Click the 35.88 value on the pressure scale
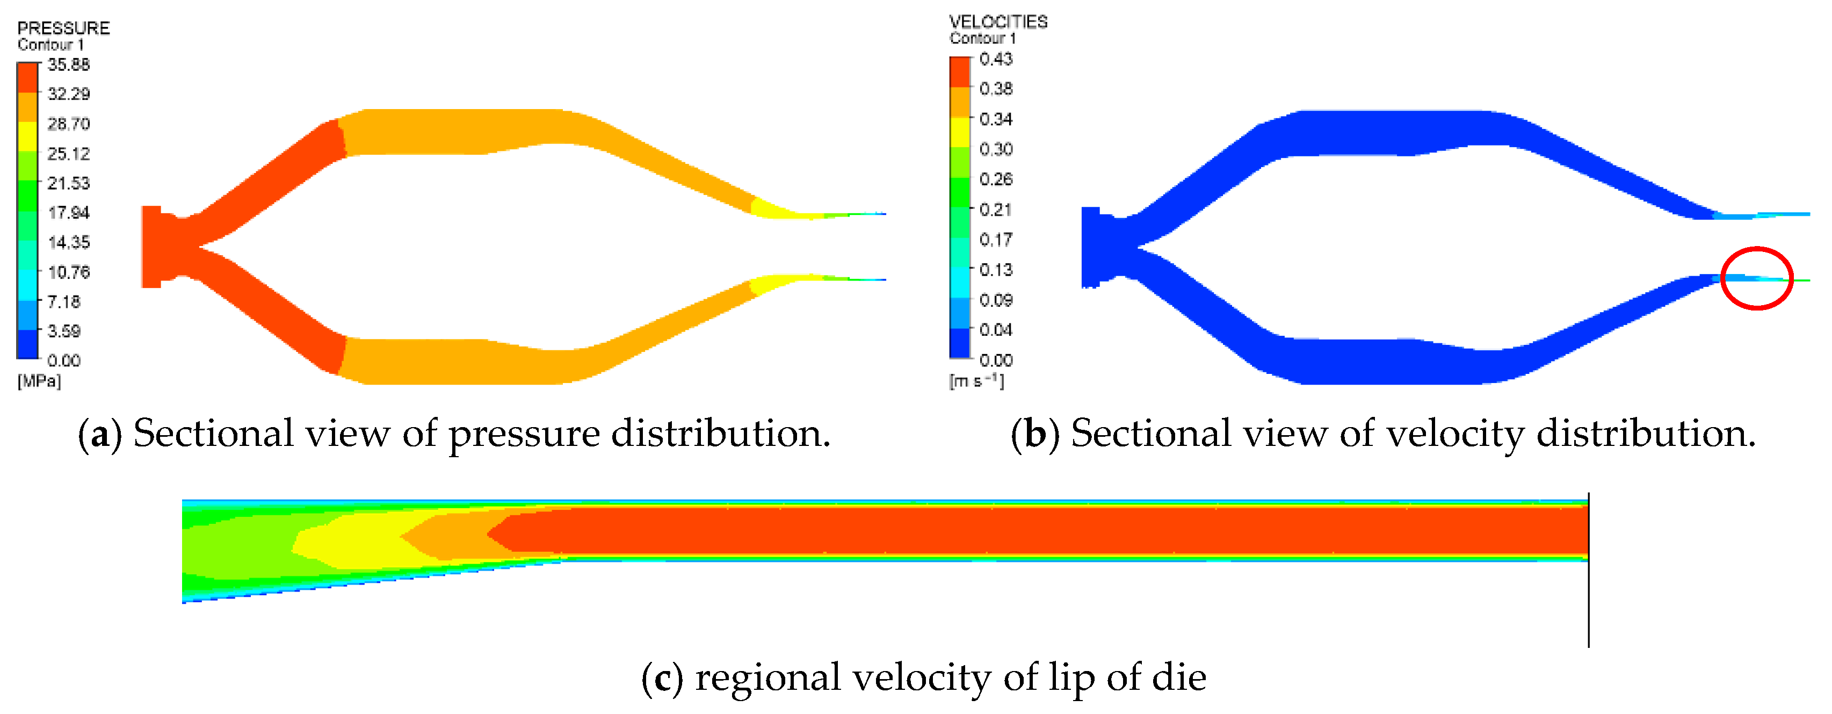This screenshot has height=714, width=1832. [x=68, y=64]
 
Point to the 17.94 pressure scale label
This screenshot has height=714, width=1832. [x=68, y=213]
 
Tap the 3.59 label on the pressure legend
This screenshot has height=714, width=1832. [x=64, y=331]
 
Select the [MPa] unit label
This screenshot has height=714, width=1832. [x=39, y=381]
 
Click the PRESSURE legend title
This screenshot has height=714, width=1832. [x=63, y=28]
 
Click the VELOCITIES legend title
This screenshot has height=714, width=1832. [x=998, y=22]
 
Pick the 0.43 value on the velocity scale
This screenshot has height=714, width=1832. [x=996, y=59]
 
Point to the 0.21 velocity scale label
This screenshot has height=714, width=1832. [x=996, y=210]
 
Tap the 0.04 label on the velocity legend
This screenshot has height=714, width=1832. [x=996, y=330]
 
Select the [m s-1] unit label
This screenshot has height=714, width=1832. [x=976, y=381]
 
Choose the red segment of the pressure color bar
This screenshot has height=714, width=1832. [x=27, y=77]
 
